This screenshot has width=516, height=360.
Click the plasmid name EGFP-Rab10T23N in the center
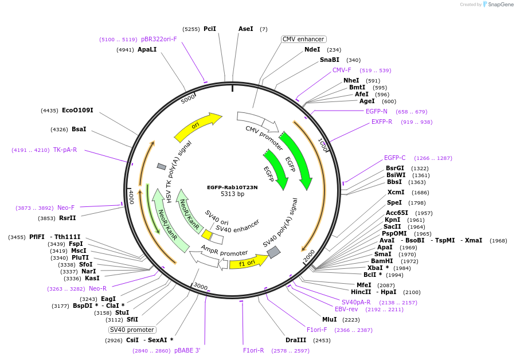click(x=232, y=187)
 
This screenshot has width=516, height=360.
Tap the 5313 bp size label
click(x=232, y=194)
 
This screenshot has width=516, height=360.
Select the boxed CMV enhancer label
click(x=303, y=40)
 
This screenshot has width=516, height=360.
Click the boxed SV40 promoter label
click(x=132, y=330)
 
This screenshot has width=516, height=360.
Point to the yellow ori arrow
click(x=198, y=127)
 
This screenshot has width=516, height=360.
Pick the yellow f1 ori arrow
click(x=248, y=263)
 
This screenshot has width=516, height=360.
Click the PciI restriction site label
click(x=210, y=29)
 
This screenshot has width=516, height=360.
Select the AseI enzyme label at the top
click(x=245, y=29)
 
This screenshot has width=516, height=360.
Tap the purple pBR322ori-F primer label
click(x=159, y=40)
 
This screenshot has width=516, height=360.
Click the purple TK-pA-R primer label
click(x=65, y=150)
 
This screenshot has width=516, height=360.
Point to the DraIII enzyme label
click(x=296, y=341)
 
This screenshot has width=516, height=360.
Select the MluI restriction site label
click(x=329, y=319)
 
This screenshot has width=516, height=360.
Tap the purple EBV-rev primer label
click(x=346, y=310)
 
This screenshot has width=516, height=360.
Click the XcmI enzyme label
click(x=396, y=193)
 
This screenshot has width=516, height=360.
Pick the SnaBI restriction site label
click(x=330, y=60)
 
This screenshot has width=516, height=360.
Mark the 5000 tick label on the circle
click(x=188, y=99)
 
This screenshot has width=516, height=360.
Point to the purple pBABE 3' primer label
click(x=187, y=350)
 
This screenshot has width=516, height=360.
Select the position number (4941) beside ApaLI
click(x=125, y=50)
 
